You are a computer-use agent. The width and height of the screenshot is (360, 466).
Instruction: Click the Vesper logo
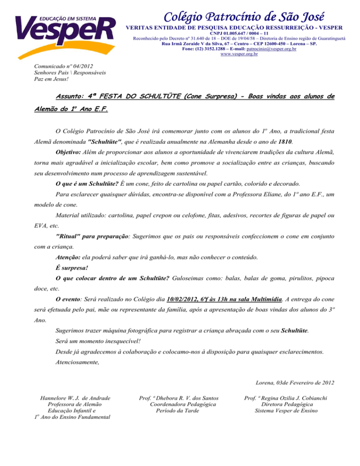pos(65,28)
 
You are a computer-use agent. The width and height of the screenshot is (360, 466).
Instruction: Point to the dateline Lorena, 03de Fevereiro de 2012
pos(294,383)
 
